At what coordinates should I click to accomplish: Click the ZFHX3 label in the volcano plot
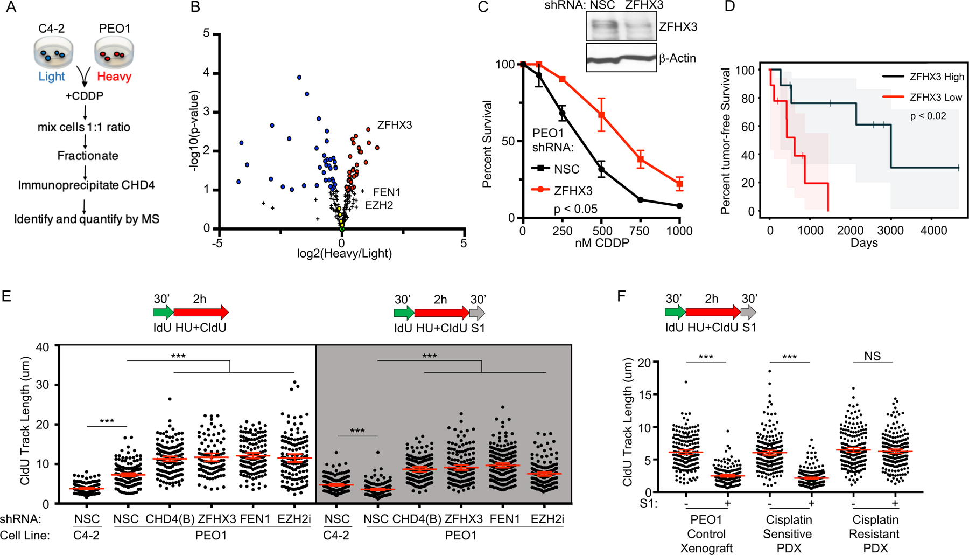pyautogui.click(x=394, y=125)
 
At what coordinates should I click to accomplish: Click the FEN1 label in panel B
pyautogui.click(x=386, y=192)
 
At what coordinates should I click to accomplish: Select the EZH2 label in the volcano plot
pyautogui.click(x=379, y=205)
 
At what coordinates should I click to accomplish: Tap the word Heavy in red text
pyautogui.click(x=114, y=77)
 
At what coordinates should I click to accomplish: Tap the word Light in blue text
pyautogui.click(x=51, y=77)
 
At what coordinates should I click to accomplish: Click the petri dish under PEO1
pyautogui.click(x=114, y=53)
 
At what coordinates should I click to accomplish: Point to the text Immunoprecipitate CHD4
pyautogui.click(x=86, y=185)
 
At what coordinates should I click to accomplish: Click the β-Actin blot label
pyautogui.click(x=677, y=58)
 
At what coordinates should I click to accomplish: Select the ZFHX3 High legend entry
pyautogui.click(x=937, y=77)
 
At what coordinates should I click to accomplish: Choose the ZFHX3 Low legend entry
pyautogui.click(x=936, y=98)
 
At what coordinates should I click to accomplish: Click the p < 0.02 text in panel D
pyautogui.click(x=928, y=116)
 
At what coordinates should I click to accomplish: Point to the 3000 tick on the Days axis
pyautogui.click(x=890, y=231)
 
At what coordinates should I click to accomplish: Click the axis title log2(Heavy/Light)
pyautogui.click(x=345, y=253)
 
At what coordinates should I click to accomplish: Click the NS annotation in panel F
pyautogui.click(x=872, y=356)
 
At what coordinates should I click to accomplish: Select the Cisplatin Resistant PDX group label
pyautogui.click(x=875, y=534)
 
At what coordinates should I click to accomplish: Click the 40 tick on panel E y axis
pyautogui.click(x=43, y=346)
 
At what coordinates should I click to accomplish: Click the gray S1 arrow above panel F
pyautogui.click(x=748, y=312)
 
